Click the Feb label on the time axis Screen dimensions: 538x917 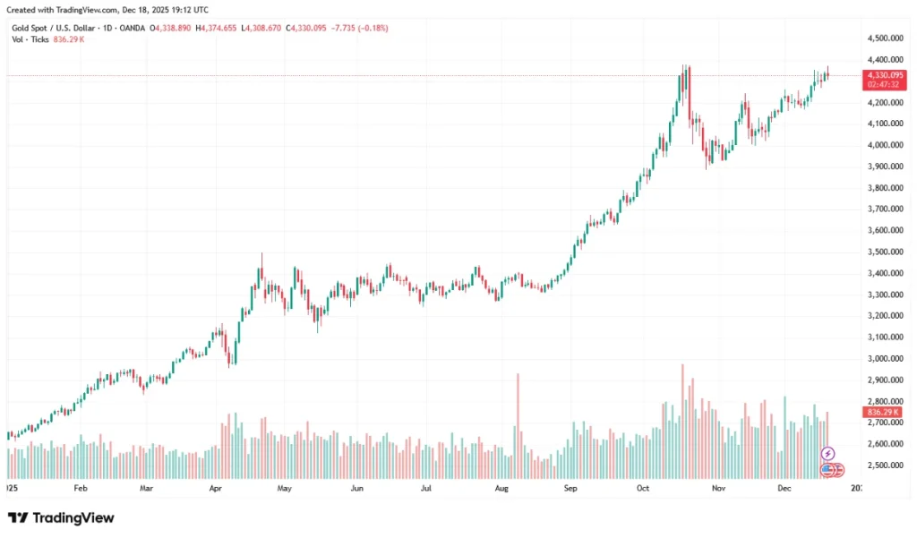pyautogui.click(x=81, y=490)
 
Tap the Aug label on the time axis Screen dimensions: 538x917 pyautogui.click(x=501, y=490)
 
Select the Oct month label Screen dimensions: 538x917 pyautogui.click(x=642, y=490)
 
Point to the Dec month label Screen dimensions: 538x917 pyautogui.click(x=784, y=490)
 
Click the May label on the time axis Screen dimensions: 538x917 pyautogui.click(x=285, y=490)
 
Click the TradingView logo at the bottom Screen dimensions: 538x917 pyautogui.click(x=61, y=517)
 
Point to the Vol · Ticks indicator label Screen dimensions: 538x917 pyautogui.click(x=29, y=40)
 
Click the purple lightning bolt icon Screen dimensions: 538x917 pyautogui.click(x=827, y=454)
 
